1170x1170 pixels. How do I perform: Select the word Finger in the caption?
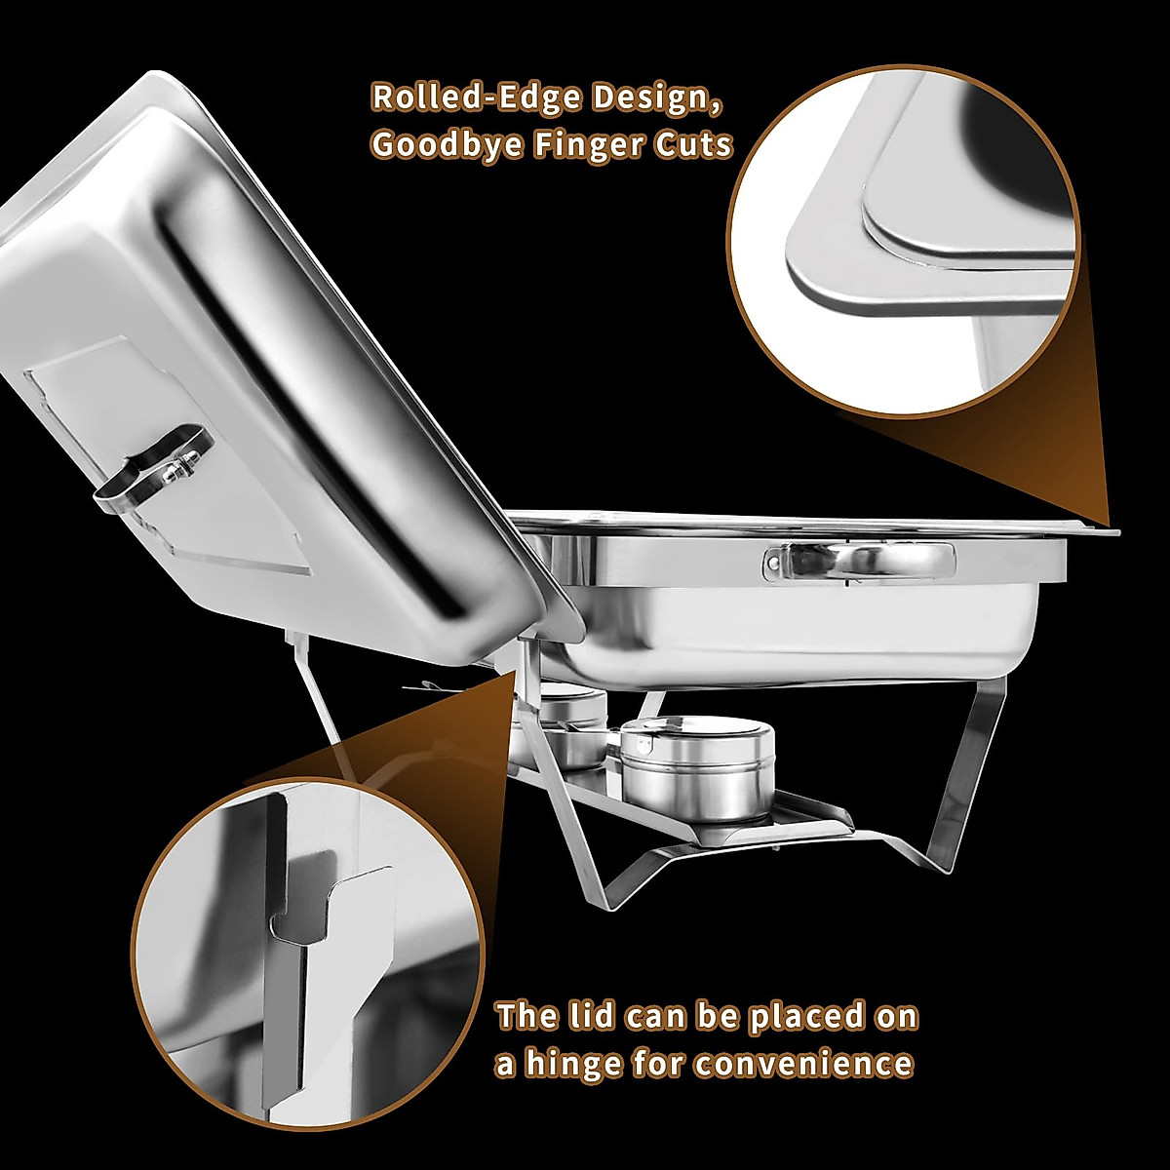(594, 144)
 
